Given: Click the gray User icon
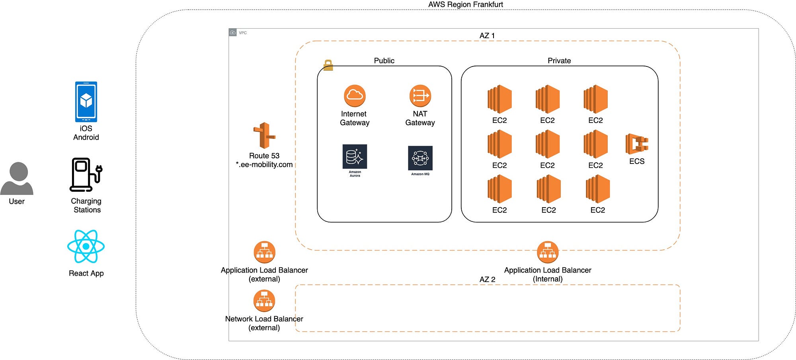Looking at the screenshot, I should (x=17, y=178).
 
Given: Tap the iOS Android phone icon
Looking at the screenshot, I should (x=86, y=102).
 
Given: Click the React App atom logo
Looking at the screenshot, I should (x=86, y=247).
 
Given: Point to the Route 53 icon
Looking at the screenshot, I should (x=264, y=136).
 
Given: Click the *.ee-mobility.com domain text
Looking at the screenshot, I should (x=264, y=165).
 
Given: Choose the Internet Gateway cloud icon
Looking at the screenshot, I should (x=354, y=96).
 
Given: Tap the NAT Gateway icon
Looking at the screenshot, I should (x=420, y=96).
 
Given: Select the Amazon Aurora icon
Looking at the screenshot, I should (x=355, y=157).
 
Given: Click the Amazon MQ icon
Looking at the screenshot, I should (x=420, y=158).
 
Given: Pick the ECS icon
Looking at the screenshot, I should (x=636, y=144).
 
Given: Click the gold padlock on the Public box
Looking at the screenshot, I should (x=328, y=65).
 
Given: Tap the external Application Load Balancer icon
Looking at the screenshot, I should (x=264, y=252).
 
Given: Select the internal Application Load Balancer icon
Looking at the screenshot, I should (x=548, y=252).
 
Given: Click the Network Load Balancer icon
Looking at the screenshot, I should (x=264, y=301).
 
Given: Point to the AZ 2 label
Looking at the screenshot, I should (x=487, y=280).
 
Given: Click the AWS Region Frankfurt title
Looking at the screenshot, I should (x=465, y=4).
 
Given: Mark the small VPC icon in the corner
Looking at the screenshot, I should (x=233, y=32).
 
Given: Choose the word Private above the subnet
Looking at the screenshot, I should (x=559, y=61).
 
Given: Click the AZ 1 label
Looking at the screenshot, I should (x=487, y=36).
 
